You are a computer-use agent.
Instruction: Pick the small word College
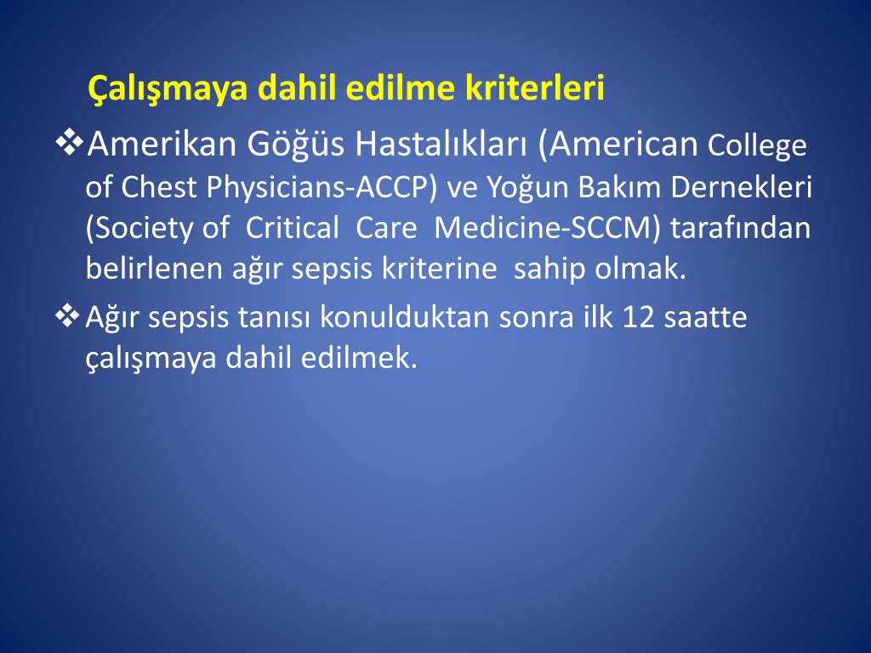pyautogui.click(x=757, y=147)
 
